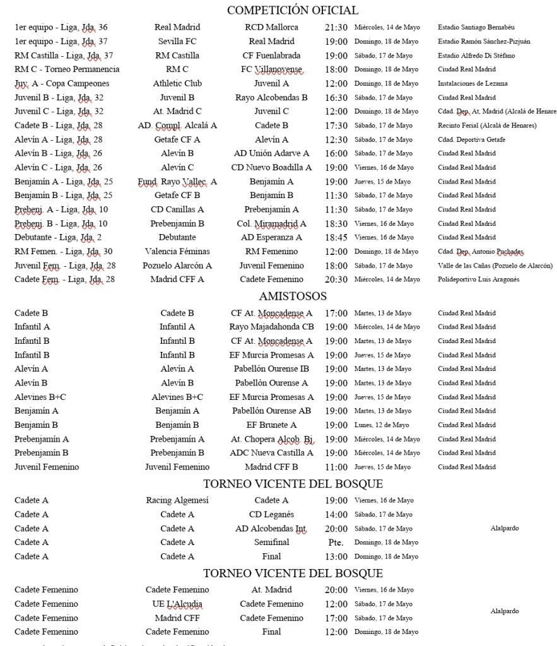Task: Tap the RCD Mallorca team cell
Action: pos(271,28)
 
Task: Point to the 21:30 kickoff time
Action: pos(336,28)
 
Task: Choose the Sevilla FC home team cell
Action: pos(177,42)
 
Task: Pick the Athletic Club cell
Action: pos(177,83)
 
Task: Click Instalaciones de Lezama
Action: pos(472,83)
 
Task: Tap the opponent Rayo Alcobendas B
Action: pos(271,98)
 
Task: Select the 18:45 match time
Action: pos(336,237)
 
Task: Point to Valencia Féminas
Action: pos(177,251)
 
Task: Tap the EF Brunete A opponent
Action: pos(271,425)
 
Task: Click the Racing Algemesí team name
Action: pos(177,501)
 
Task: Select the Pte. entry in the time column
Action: pos(336,543)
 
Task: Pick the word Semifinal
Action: pos(271,543)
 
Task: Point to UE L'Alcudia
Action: pos(177,604)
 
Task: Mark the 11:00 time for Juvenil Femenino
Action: pos(336,467)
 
